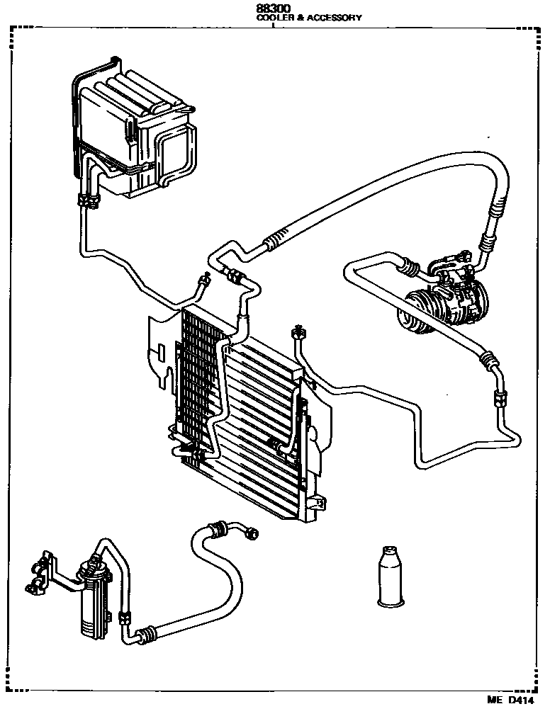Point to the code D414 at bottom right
[x=520, y=700]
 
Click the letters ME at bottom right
[x=493, y=700]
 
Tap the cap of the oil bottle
[x=388, y=551]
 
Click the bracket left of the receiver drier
[x=43, y=570]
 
